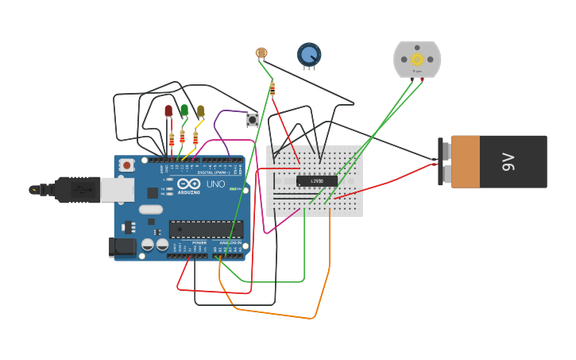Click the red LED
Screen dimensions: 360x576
pyautogui.click(x=168, y=110)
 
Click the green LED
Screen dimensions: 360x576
pyautogui.click(x=184, y=110)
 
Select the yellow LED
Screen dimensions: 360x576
pyautogui.click(x=200, y=110)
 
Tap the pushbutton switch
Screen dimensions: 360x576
pyautogui.click(x=253, y=120)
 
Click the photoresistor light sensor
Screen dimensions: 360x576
pyautogui.click(x=261, y=53)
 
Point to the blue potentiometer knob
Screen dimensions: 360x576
pyautogui.click(x=309, y=54)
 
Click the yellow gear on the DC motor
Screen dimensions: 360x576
pyautogui.click(x=416, y=60)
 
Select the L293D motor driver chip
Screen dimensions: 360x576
pyautogui.click(x=316, y=180)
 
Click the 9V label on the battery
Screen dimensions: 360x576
pyautogui.click(x=508, y=162)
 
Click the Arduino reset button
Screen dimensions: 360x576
pyautogui.click(x=126, y=165)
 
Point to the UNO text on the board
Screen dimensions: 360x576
pyautogui.click(x=216, y=184)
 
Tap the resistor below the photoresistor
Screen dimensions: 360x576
pyautogui.click(x=273, y=89)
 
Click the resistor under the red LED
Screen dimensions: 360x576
pyautogui.click(x=172, y=140)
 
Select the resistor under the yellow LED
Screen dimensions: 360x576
pyautogui.click(x=195, y=137)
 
